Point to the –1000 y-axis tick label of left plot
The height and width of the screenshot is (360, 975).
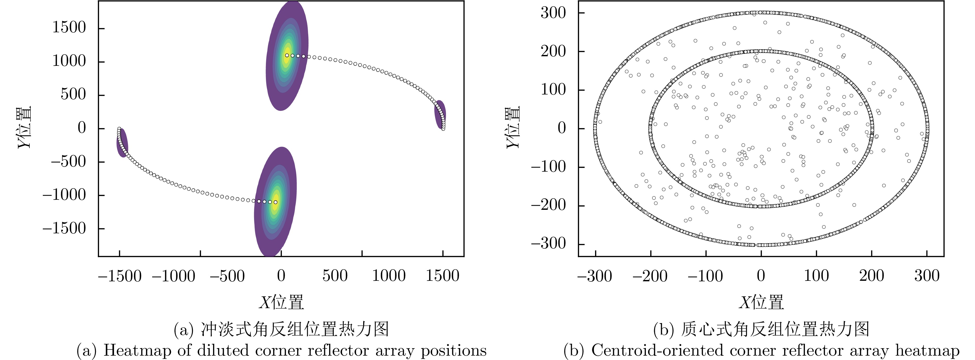pyautogui.click(x=64, y=195)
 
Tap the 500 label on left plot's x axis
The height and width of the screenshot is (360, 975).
pyautogui.click(x=335, y=276)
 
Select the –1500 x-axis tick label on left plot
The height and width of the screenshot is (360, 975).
pyautogui.click(x=120, y=276)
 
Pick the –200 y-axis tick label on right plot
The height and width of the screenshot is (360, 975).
pyautogui.click(x=548, y=206)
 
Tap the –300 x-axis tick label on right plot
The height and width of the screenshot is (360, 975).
pyautogui.click(x=595, y=276)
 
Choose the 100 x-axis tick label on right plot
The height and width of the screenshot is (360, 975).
pyautogui.click(x=816, y=276)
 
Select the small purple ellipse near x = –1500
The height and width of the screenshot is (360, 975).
pyautogui.click(x=122, y=143)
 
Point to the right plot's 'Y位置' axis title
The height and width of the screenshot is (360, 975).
pyautogui.click(x=514, y=127)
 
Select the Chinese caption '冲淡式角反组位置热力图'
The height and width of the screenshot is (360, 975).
pyautogui.click(x=295, y=329)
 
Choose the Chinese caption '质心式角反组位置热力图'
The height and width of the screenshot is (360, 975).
pyautogui.click(x=774, y=329)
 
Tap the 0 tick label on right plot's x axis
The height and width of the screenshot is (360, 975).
pyautogui.click(x=761, y=276)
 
